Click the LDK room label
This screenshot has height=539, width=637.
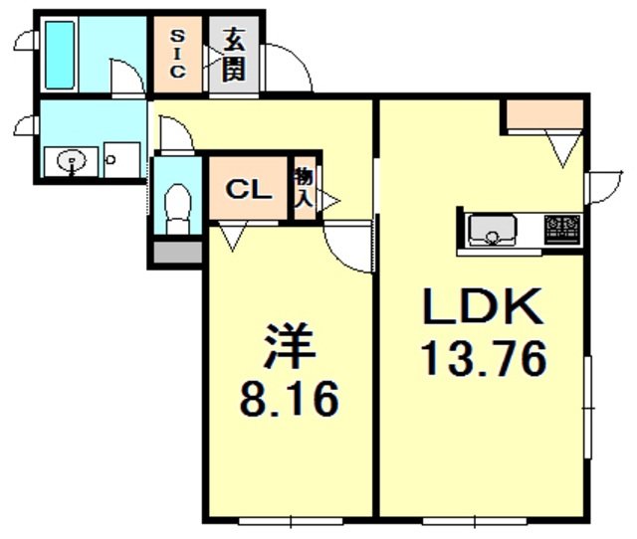pos(484,309)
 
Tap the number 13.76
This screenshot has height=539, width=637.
pos(484,359)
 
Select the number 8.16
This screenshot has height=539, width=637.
pos(290,399)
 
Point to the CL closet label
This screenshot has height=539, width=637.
pos(247,190)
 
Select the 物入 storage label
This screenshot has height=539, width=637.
pos(303,189)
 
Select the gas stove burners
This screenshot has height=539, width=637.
pos(562,230)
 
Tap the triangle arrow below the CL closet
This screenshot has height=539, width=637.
pos(235,237)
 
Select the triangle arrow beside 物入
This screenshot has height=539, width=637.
pos(327,202)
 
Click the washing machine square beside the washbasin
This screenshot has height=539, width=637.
pos(121,160)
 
